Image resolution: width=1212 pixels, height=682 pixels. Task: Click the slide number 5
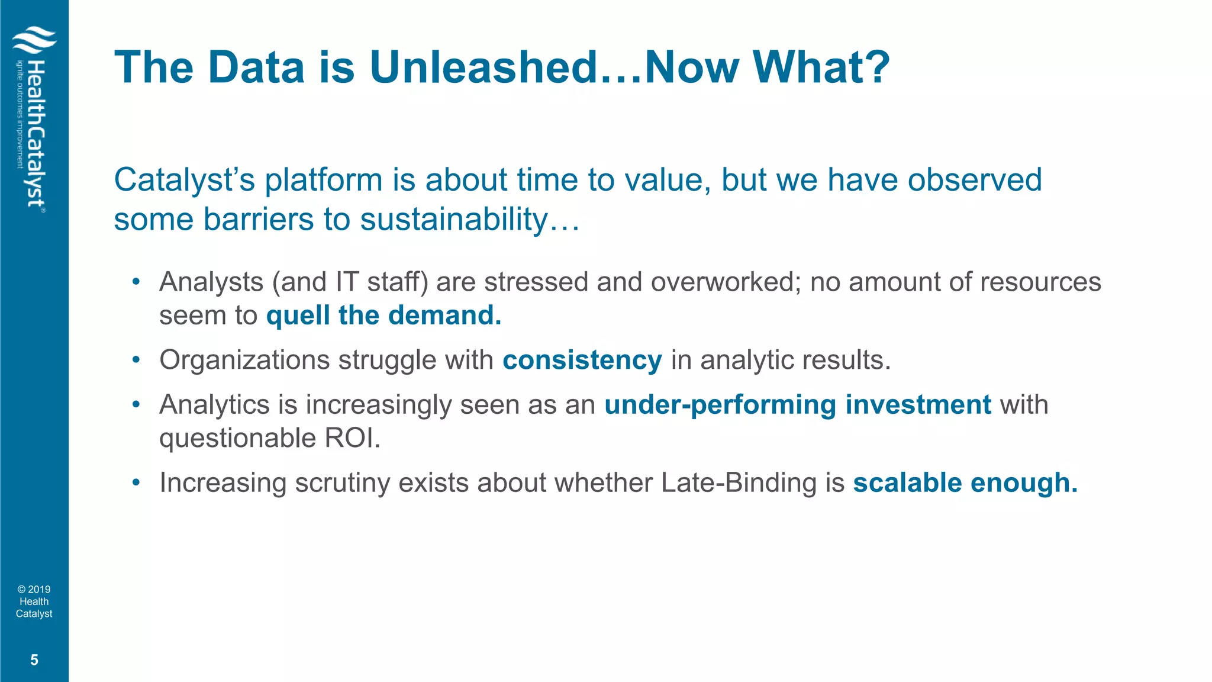click(x=34, y=660)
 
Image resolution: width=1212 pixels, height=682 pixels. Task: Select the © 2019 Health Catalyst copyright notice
click(x=34, y=601)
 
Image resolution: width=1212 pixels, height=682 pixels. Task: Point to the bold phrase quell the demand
click(x=383, y=315)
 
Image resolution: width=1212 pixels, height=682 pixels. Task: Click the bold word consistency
click(x=582, y=360)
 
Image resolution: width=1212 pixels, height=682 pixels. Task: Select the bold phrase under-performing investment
click(x=797, y=405)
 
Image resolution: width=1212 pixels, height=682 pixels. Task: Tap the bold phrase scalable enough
click(x=965, y=482)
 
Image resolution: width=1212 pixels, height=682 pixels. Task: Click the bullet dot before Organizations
click(x=136, y=360)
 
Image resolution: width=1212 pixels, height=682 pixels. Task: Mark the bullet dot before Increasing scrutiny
click(x=136, y=482)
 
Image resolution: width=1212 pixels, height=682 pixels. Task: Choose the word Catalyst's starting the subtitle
click(x=184, y=180)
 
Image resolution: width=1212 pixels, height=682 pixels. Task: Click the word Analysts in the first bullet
click(x=211, y=282)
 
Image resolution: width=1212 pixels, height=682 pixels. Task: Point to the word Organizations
click(x=244, y=360)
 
